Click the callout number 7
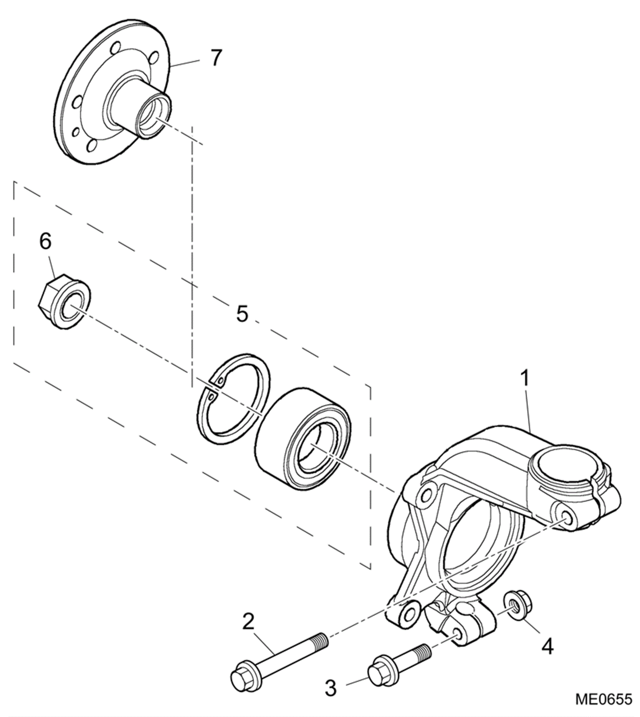click(215, 58)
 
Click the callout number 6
click(46, 241)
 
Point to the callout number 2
click(248, 622)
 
